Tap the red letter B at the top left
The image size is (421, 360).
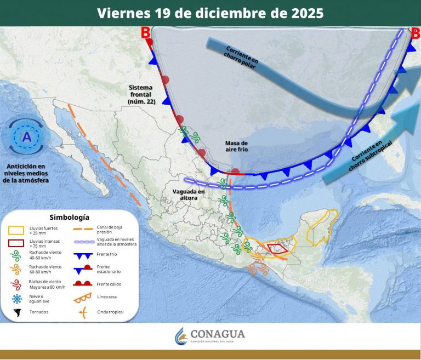(x=146, y=32)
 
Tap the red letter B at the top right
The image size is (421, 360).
(x=416, y=33)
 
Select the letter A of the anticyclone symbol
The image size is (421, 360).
(x=26, y=136)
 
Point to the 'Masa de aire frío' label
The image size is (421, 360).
(x=236, y=146)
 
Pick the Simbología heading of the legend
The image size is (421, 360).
(x=69, y=217)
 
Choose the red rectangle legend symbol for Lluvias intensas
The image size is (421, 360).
(x=16, y=243)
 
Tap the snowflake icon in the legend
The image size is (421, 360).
(x=16, y=299)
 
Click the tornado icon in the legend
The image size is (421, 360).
(x=16, y=313)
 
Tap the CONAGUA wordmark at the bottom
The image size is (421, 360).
(x=218, y=334)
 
